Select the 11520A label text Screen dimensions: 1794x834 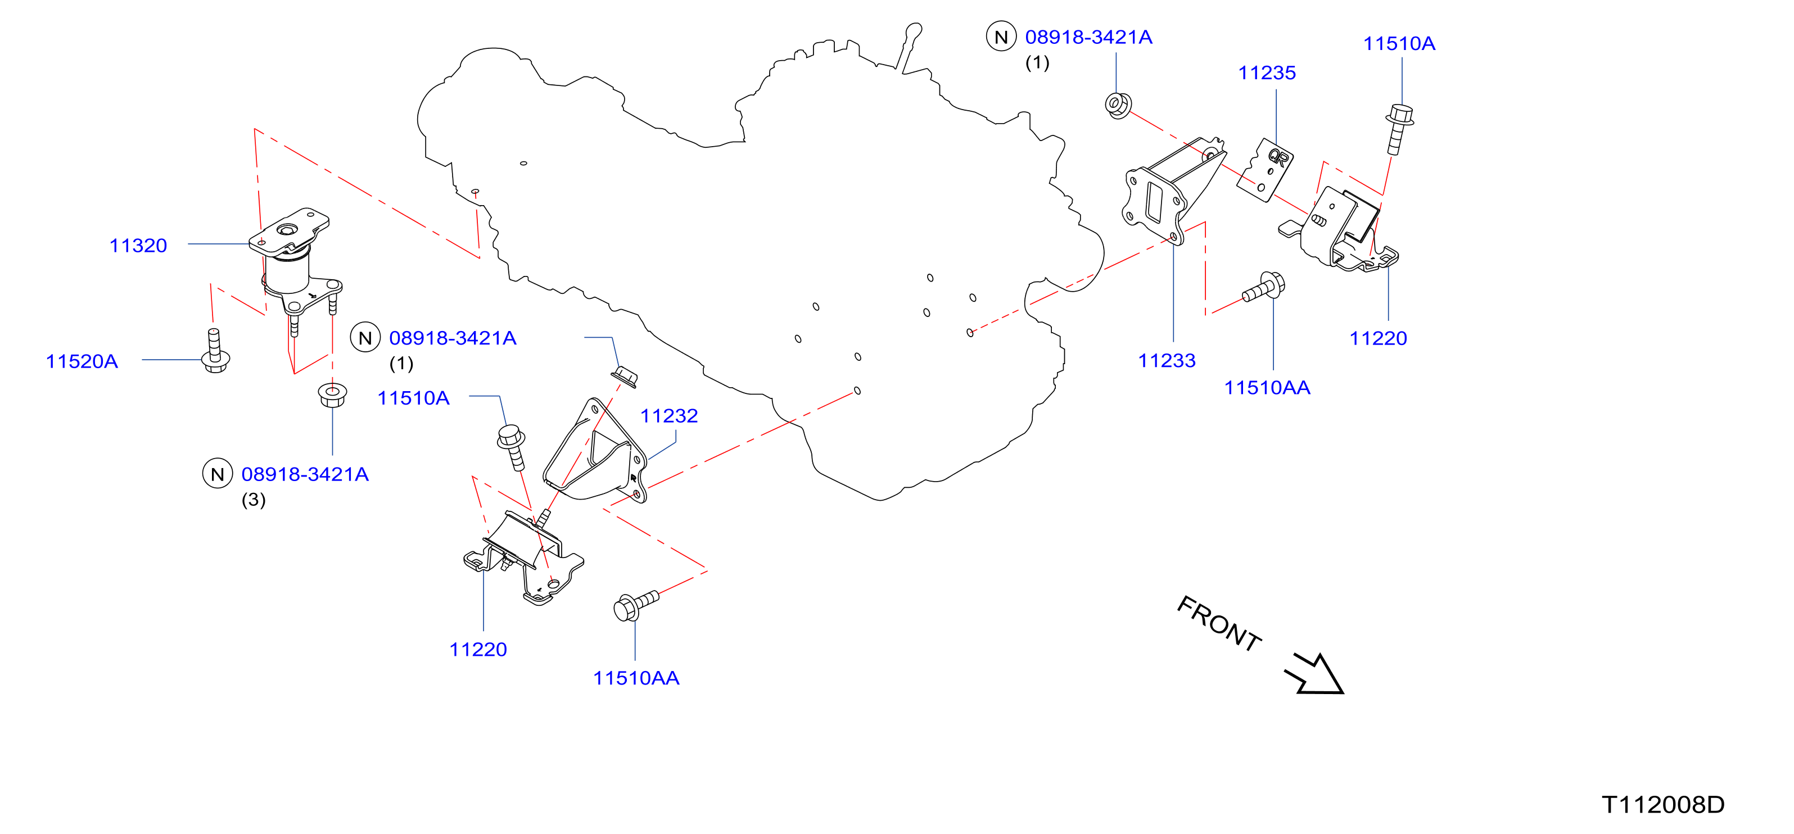(82, 361)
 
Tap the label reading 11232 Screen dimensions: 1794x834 (668, 416)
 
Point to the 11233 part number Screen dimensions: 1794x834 (1167, 361)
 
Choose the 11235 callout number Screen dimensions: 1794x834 (1267, 72)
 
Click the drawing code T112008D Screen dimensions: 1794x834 (1663, 804)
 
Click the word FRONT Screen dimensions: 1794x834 (1219, 624)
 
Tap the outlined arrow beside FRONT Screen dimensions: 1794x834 (1315, 674)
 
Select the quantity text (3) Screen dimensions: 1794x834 (254, 500)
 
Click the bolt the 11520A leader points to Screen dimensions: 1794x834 (215, 351)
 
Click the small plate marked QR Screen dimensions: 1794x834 (1266, 170)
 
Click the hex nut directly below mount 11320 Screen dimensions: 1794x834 (332, 395)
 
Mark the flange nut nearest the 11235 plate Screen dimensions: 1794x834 (1118, 105)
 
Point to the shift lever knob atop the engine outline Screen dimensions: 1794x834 (914, 31)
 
